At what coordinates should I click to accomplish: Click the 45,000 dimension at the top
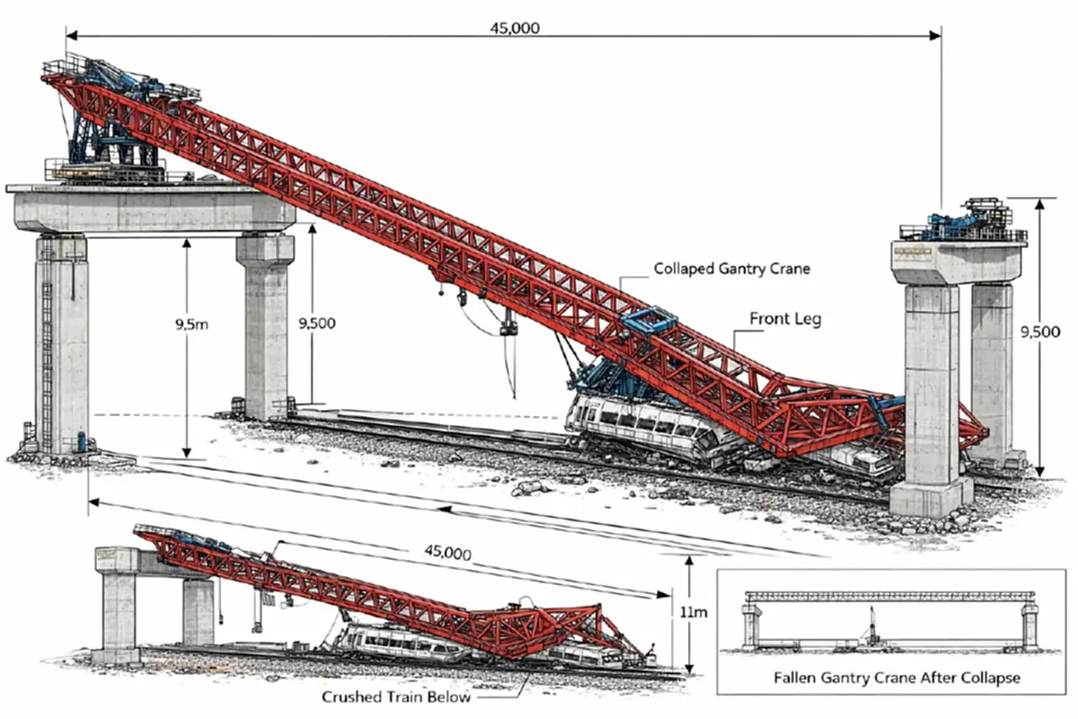pos(515,28)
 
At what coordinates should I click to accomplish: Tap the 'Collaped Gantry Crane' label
pos(731,268)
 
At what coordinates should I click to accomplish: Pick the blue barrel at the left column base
pos(82,441)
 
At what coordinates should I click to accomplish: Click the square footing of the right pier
pos(931,497)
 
